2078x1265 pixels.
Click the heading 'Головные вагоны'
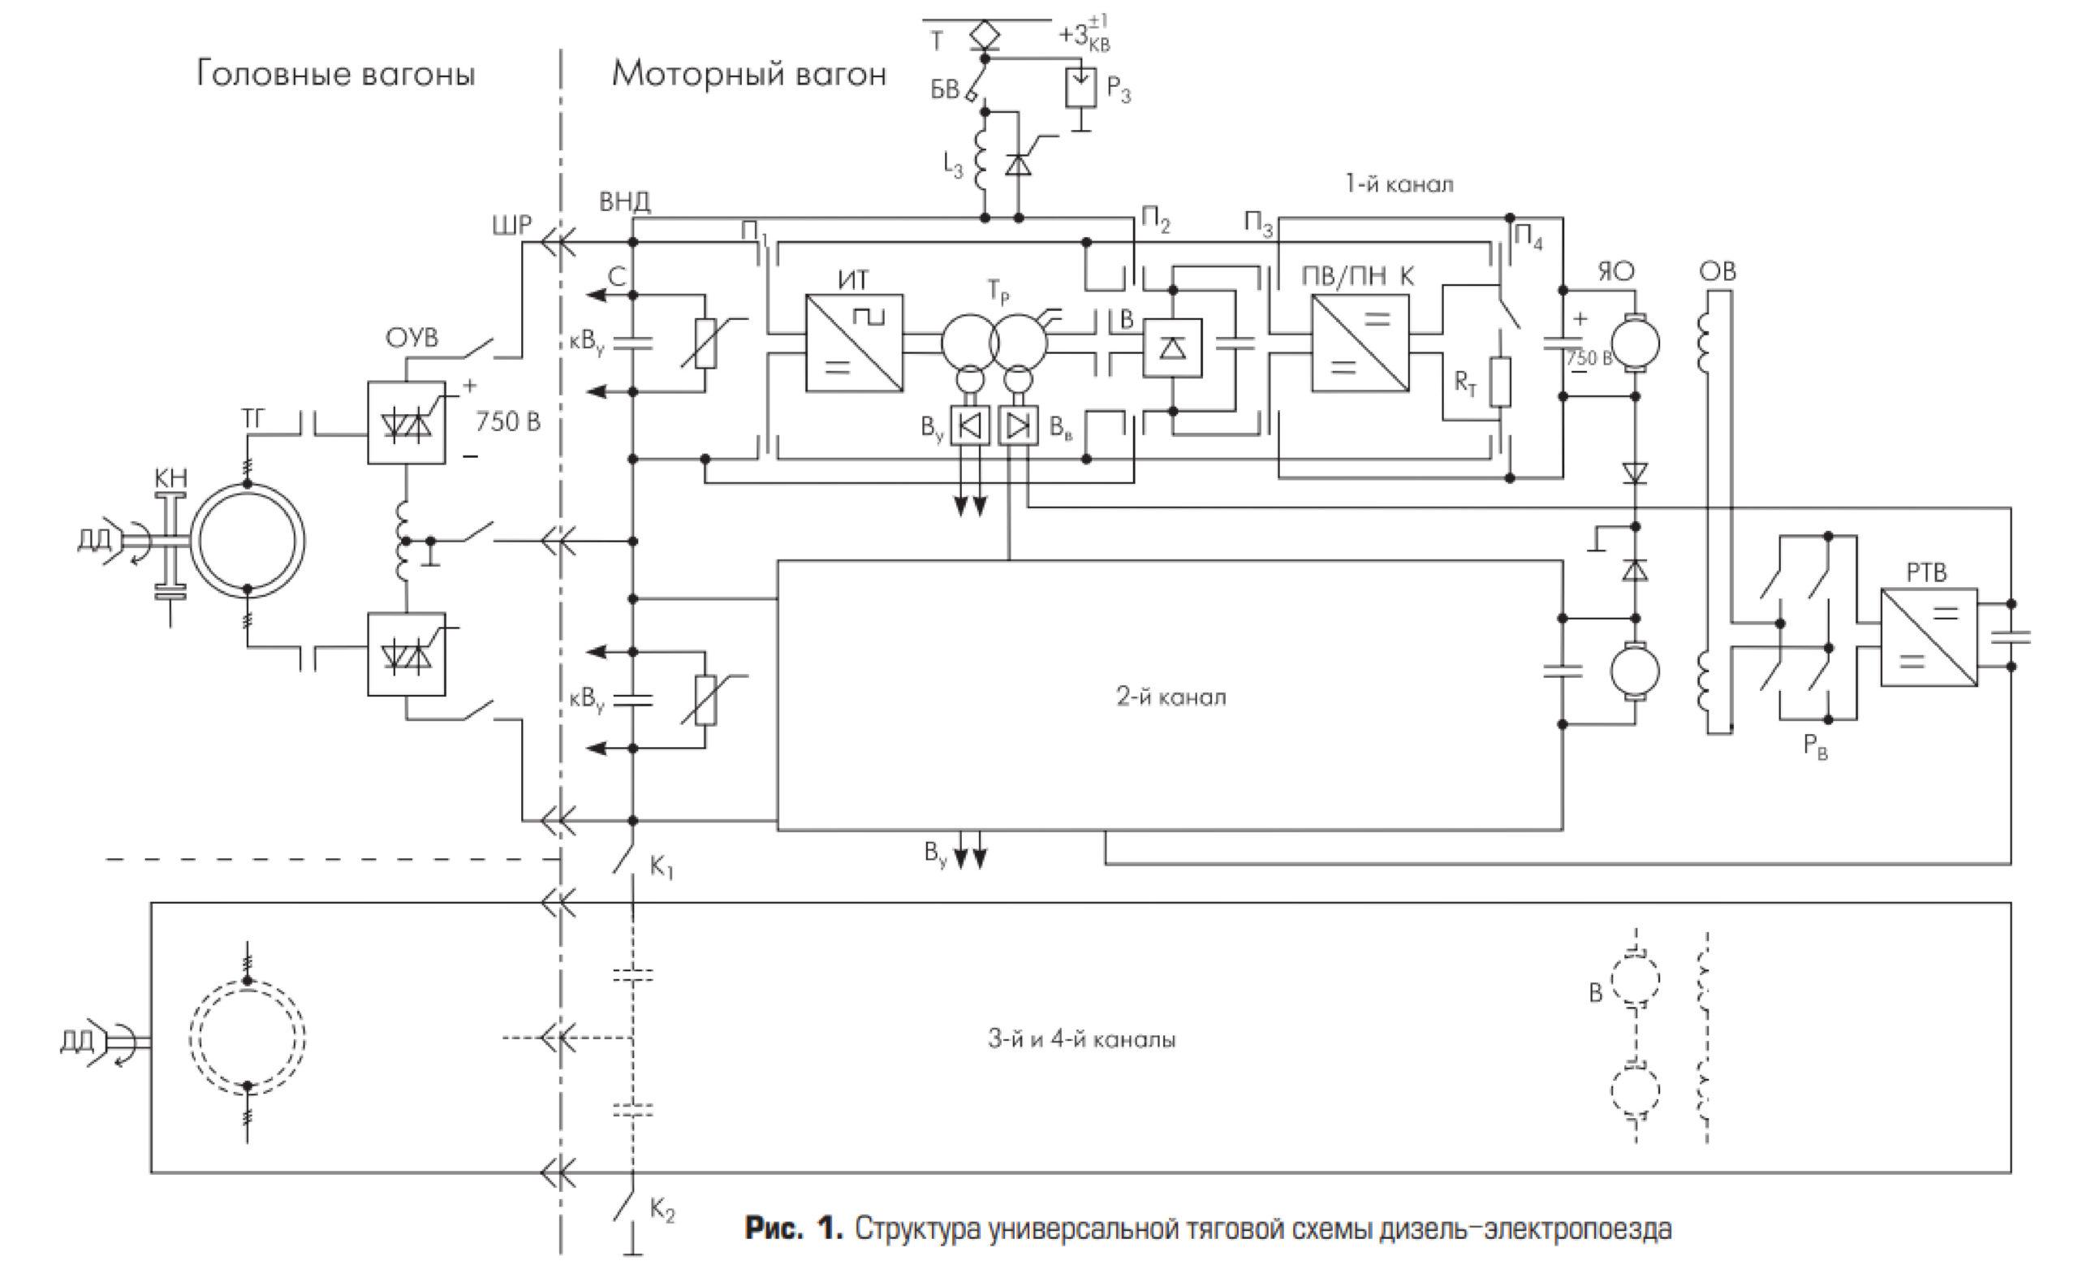point(336,74)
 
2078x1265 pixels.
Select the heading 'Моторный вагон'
point(749,74)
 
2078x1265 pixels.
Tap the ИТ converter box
point(853,343)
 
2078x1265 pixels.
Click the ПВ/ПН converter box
point(1360,343)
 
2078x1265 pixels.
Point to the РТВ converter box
point(1929,637)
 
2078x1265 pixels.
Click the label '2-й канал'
point(1170,697)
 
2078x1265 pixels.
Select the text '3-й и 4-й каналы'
point(1082,1039)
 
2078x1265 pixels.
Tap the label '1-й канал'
point(1399,184)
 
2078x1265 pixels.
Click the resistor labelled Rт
point(1499,382)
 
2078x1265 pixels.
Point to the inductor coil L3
point(982,160)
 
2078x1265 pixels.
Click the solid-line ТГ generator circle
point(247,542)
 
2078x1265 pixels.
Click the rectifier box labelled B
point(1172,348)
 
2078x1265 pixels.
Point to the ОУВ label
point(412,339)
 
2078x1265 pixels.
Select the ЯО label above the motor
point(1616,271)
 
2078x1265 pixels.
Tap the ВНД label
point(625,201)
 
